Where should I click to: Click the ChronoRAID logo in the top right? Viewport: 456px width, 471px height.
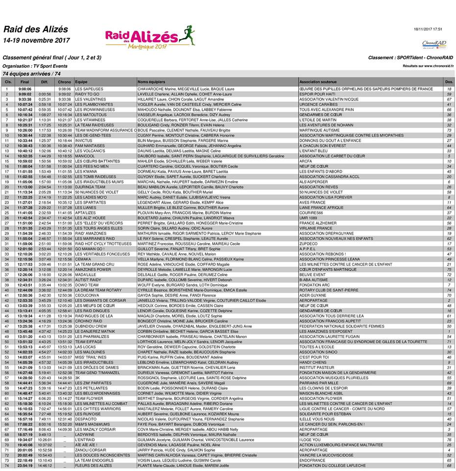433,44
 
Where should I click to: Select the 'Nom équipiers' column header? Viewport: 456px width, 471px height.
152,81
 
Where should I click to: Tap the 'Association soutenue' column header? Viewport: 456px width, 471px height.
318,81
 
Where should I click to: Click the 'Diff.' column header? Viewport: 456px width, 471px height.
45,81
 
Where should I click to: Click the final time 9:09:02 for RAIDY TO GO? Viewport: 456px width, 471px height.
25,94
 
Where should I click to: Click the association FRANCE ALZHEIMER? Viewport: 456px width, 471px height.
319,223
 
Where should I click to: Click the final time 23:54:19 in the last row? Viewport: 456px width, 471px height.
25,465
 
